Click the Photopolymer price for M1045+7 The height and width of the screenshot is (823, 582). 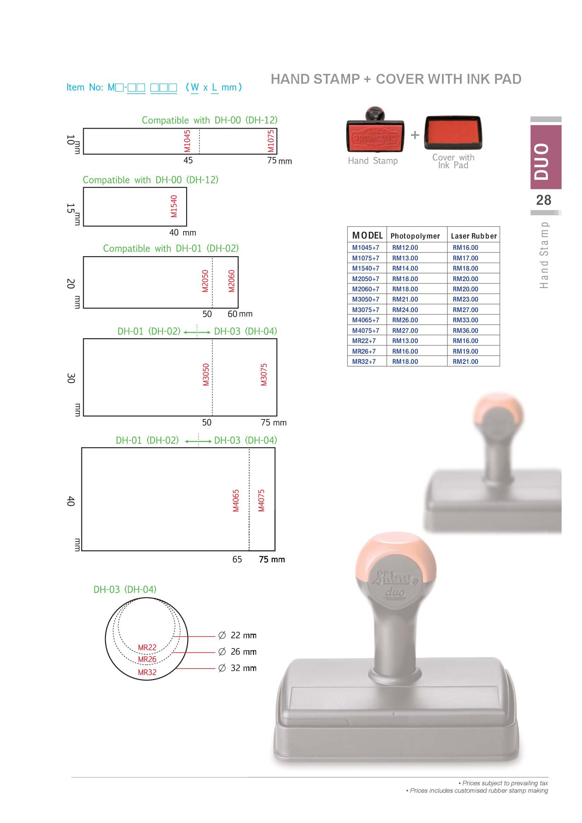[405, 248]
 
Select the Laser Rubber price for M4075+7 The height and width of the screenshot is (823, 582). [465, 330]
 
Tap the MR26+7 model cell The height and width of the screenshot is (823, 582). [364, 351]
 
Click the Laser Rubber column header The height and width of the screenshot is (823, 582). [474, 236]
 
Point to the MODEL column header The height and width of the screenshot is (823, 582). [367, 235]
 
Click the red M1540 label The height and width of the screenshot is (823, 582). [174, 206]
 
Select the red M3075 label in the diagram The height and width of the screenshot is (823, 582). [264, 375]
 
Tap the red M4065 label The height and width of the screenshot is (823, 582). [236, 500]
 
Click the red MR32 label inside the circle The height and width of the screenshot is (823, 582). [147, 672]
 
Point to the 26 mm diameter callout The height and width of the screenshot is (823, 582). [237, 651]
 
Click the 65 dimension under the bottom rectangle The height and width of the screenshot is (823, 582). [237, 559]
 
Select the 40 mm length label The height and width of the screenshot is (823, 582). [183, 233]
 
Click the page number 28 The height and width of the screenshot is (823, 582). [544, 200]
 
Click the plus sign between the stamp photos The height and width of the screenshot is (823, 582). [415, 135]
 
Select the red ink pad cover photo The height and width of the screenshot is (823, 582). [453, 133]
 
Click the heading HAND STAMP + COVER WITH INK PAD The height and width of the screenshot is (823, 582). [396, 79]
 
